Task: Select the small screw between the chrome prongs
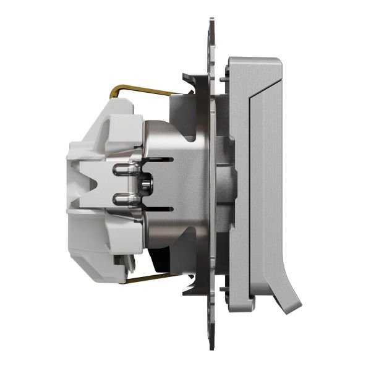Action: click(x=145, y=184)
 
